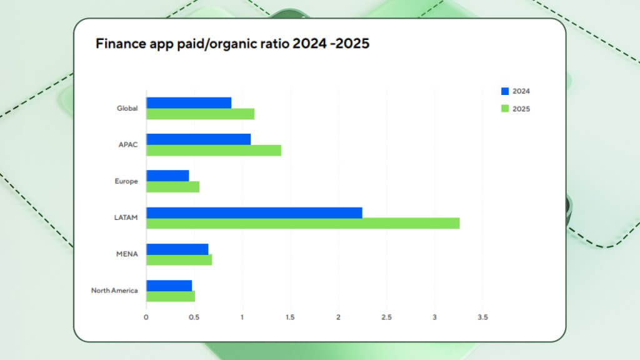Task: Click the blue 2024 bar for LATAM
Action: (x=254, y=212)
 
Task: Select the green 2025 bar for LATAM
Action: (x=303, y=223)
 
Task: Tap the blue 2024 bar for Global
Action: (x=189, y=102)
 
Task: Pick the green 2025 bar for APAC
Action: (x=214, y=150)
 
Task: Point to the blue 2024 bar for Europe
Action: (x=167, y=176)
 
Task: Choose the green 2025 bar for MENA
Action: (x=179, y=259)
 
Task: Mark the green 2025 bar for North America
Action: (x=171, y=296)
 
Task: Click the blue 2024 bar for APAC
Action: (x=199, y=139)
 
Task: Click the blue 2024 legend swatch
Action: (x=505, y=91)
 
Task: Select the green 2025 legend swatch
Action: (x=505, y=109)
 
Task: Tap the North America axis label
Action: (x=114, y=290)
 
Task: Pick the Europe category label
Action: (x=127, y=181)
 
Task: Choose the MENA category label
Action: (x=127, y=254)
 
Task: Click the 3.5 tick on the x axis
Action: (x=482, y=317)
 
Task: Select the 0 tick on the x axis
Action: (x=146, y=317)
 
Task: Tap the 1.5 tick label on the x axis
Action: (x=290, y=317)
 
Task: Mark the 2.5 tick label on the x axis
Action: (x=386, y=317)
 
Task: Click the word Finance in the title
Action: (x=119, y=44)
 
